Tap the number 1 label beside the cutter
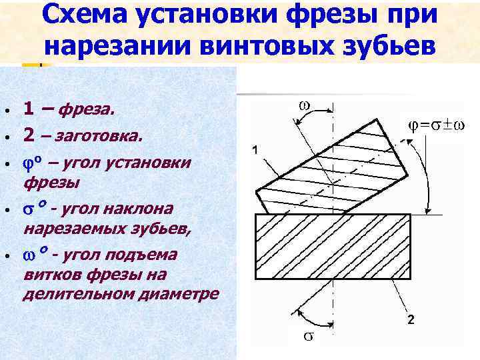pos(255,151)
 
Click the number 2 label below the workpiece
pos(411,320)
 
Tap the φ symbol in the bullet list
pos(27,163)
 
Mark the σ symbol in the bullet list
pos(28,210)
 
